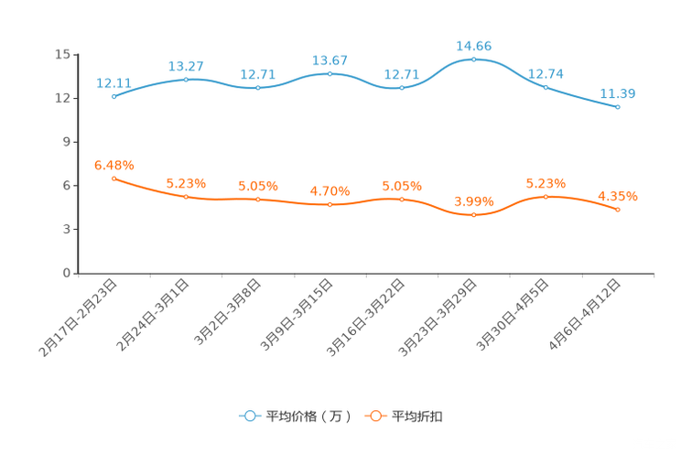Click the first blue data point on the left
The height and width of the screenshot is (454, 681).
(113, 95)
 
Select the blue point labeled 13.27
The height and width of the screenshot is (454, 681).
(186, 80)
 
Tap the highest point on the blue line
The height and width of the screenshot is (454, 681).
(473, 59)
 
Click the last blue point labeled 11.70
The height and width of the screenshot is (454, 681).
(618, 107)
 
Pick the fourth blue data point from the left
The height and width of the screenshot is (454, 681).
(330, 72)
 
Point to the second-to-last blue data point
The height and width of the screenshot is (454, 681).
(546, 87)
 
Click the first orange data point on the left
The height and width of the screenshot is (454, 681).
(113, 178)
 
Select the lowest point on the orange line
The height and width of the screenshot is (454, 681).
(473, 214)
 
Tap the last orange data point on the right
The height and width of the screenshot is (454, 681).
(618, 210)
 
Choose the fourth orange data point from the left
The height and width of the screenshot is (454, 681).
(330, 203)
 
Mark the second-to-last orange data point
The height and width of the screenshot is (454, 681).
(546, 196)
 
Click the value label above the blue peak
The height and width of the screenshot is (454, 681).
(473, 44)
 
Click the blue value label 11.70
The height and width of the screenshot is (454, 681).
(618, 93)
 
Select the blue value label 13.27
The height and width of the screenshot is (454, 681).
(186, 66)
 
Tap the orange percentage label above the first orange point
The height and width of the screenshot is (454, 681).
(114, 165)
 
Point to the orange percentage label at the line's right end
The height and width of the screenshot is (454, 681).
(618, 196)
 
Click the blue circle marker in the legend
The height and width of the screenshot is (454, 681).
(249, 416)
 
